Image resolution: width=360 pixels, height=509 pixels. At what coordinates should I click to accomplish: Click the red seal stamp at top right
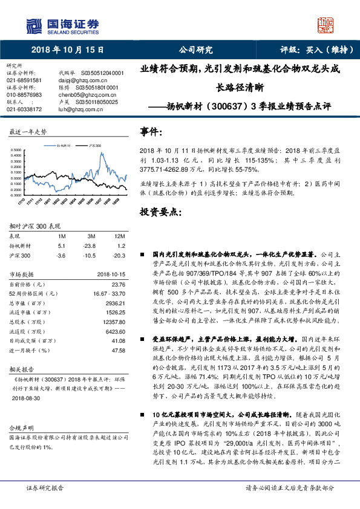(326, 25)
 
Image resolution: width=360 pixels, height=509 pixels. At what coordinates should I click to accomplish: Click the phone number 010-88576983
(24, 95)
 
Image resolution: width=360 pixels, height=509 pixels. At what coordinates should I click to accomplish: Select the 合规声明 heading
(20, 427)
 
